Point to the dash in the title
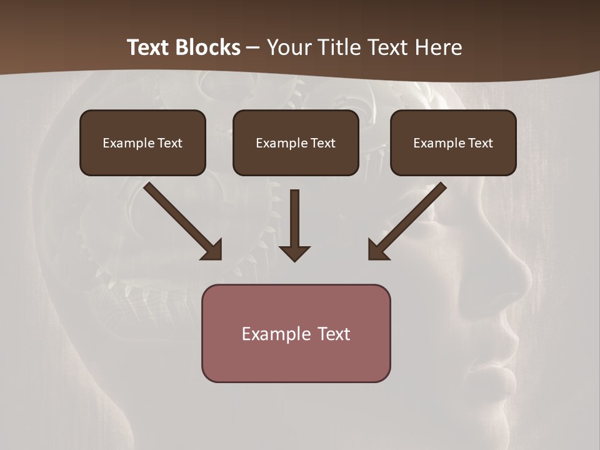coord(253,48)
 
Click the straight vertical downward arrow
coord(294,219)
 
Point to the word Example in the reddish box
coord(272,334)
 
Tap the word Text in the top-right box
coord(480,143)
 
